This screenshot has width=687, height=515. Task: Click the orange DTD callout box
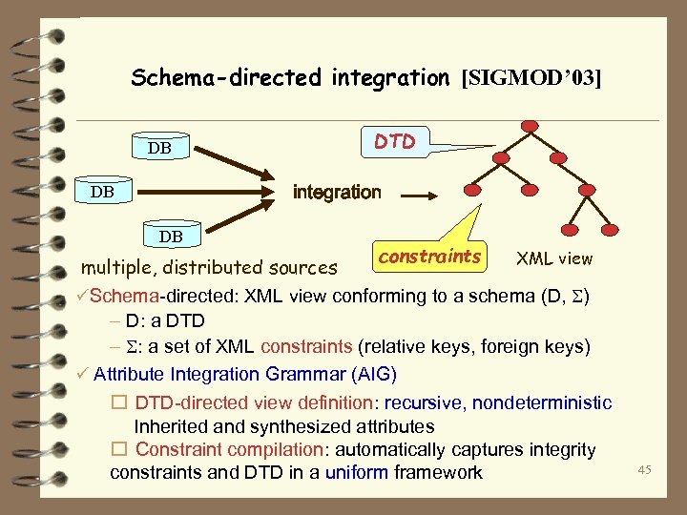coord(395,142)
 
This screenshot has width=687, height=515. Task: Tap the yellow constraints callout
coord(428,257)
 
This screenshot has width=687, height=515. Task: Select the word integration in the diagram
coord(336,193)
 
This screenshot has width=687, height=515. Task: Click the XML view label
coord(553,258)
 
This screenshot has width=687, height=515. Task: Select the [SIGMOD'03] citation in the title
coord(531,78)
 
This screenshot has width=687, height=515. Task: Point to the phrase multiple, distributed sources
coord(209,268)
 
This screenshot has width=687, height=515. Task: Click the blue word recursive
coord(423,403)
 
